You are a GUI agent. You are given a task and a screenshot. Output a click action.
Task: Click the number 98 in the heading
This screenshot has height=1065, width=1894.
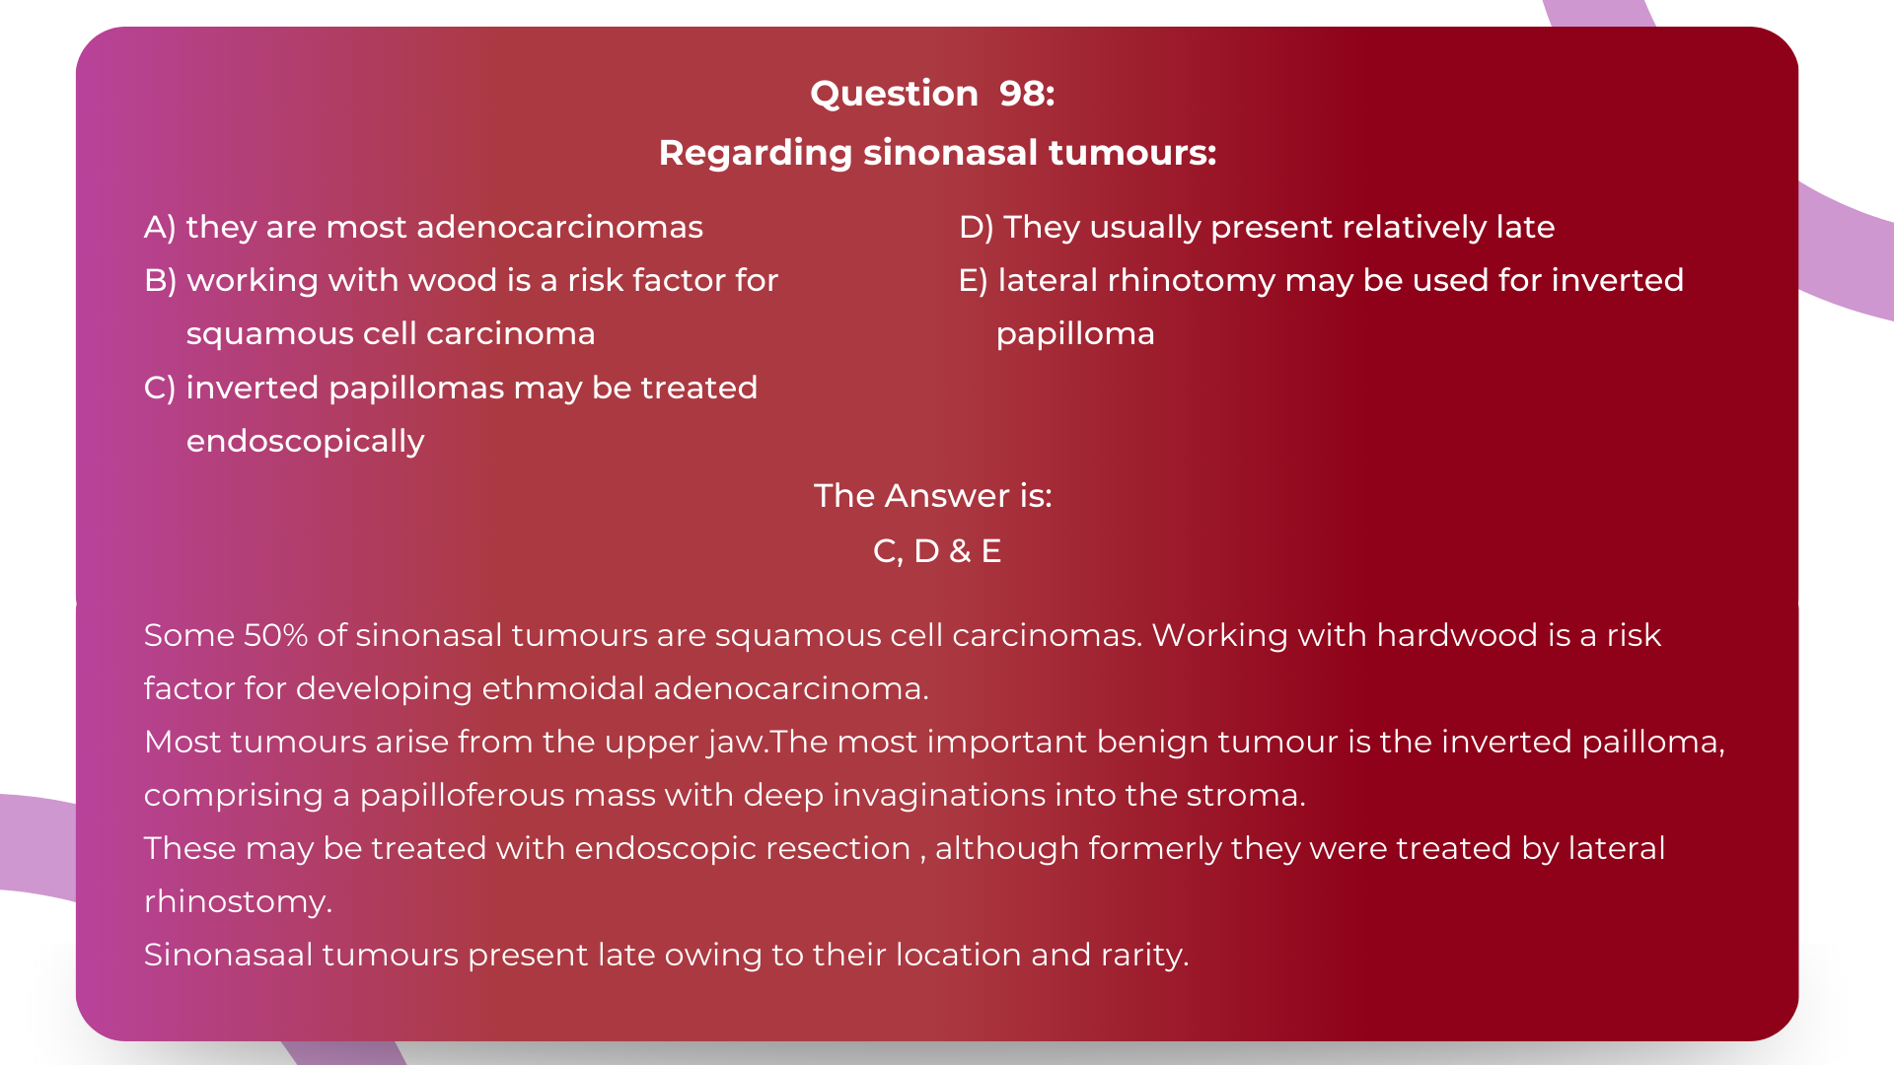point(1026,94)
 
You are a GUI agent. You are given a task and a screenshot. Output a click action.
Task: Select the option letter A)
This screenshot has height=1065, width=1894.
point(160,228)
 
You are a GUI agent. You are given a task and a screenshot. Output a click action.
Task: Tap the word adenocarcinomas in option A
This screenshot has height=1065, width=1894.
point(559,228)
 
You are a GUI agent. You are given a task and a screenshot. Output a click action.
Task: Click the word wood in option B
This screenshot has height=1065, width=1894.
point(452,281)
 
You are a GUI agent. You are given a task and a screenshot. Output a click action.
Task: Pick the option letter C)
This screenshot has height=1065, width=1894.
point(160,388)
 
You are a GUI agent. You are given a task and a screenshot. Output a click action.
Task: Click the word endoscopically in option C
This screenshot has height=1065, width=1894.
point(305,442)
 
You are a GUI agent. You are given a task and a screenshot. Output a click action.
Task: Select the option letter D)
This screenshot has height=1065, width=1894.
point(976,228)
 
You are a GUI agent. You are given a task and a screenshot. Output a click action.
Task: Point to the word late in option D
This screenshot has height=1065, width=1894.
point(1524,228)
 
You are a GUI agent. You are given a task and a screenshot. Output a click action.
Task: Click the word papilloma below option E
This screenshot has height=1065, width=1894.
point(1074,334)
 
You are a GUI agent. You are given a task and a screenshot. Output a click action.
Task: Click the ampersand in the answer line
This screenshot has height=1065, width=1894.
point(960,551)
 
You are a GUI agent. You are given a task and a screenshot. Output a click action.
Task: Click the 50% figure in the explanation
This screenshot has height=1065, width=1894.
point(275,636)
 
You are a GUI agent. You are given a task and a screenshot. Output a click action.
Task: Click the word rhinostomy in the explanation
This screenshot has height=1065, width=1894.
point(237,902)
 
